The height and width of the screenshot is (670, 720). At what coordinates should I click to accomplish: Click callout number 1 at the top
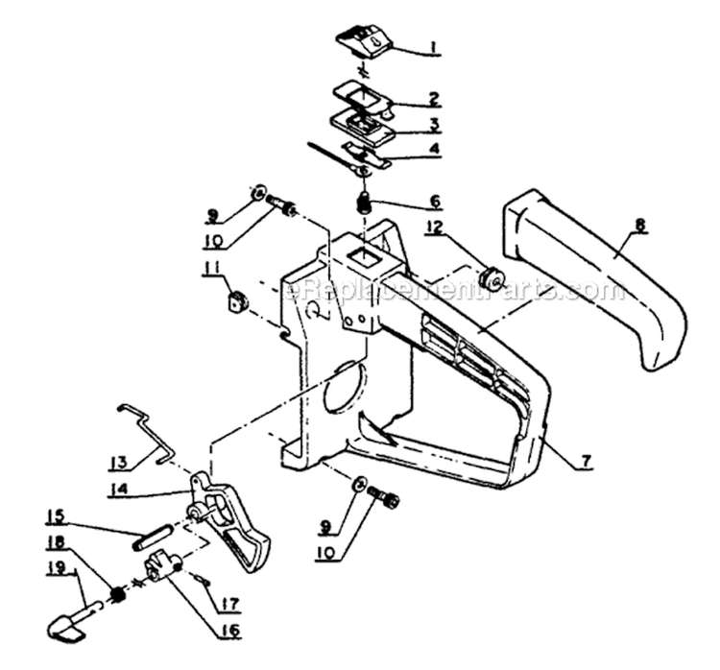click(x=434, y=44)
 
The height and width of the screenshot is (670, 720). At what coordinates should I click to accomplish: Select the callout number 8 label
click(x=639, y=227)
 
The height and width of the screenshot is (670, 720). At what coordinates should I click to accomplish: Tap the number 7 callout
click(x=584, y=460)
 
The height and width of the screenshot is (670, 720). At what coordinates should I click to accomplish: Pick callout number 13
click(x=118, y=464)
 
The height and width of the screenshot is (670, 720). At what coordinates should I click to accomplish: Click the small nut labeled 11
click(x=236, y=302)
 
